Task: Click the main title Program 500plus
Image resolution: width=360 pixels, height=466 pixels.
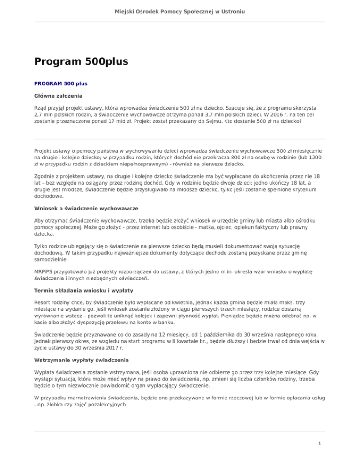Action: point(81,61)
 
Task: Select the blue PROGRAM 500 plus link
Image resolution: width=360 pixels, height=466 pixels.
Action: point(60,83)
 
